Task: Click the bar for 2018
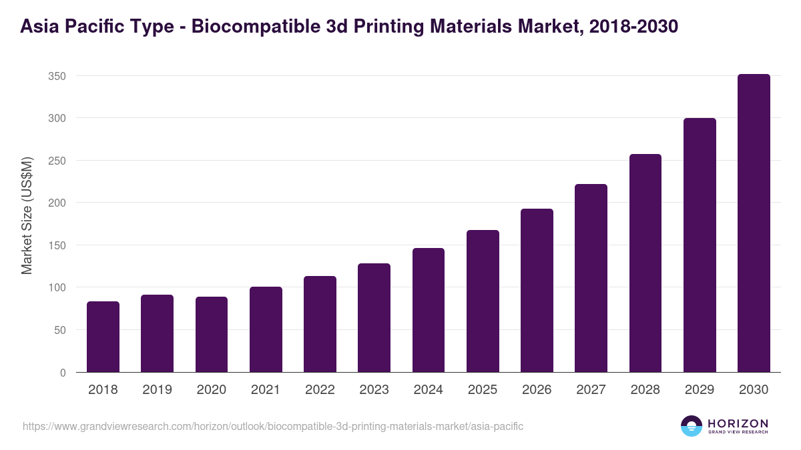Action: (x=103, y=337)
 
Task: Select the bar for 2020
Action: (x=212, y=335)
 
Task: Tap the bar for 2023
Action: (x=374, y=318)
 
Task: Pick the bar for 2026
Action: (x=537, y=291)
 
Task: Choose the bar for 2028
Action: (x=645, y=263)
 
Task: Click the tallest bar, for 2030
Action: (x=754, y=223)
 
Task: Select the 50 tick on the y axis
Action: (x=59, y=330)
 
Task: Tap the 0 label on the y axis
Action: (x=63, y=373)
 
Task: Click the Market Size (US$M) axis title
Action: (x=27, y=215)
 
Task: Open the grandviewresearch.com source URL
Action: (x=273, y=426)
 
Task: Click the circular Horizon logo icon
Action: (x=692, y=426)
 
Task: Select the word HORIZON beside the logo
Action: (x=738, y=423)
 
